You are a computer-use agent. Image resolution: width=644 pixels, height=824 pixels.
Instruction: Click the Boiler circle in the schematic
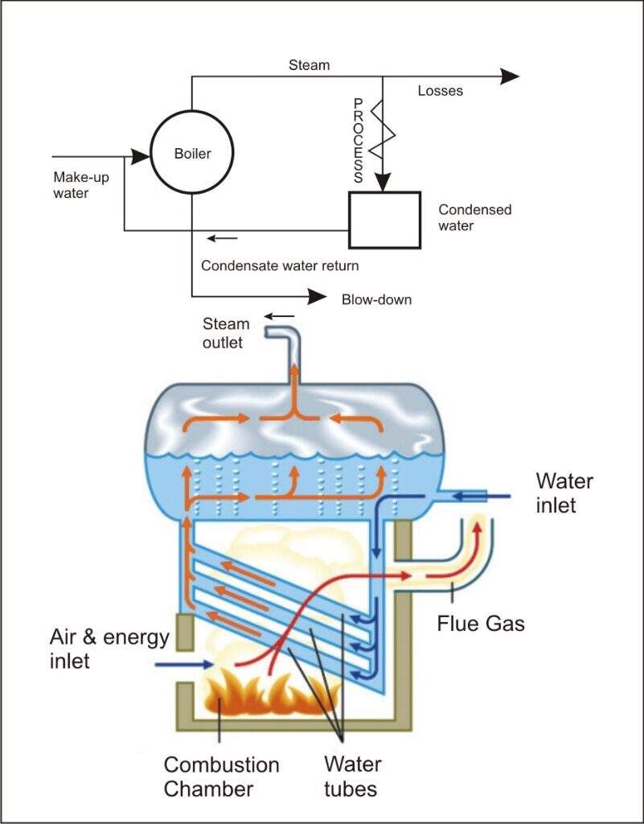pyautogui.click(x=192, y=153)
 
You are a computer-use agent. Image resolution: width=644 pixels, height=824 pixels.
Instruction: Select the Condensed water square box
pyautogui.click(x=384, y=220)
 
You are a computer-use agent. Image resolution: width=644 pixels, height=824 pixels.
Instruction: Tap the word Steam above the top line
pyautogui.click(x=309, y=64)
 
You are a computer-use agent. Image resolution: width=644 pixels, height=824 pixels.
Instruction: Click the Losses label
pyautogui.click(x=440, y=91)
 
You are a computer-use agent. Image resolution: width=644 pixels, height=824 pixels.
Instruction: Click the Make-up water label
pyautogui.click(x=82, y=185)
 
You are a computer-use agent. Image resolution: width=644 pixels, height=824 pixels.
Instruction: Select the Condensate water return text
pyautogui.click(x=280, y=266)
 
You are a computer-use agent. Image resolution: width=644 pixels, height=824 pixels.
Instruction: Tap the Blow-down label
pyautogui.click(x=376, y=299)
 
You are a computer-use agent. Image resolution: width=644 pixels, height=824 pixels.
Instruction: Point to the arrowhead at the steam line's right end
pyautogui.click(x=510, y=76)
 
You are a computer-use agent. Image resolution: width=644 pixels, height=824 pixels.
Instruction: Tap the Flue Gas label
pyautogui.click(x=480, y=622)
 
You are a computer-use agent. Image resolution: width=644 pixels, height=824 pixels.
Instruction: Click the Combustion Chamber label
pyautogui.click(x=221, y=776)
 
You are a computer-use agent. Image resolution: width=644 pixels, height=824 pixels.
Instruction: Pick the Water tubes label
pyautogui.click(x=352, y=776)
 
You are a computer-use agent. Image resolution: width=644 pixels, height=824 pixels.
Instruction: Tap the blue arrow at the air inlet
pyautogui.click(x=183, y=665)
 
